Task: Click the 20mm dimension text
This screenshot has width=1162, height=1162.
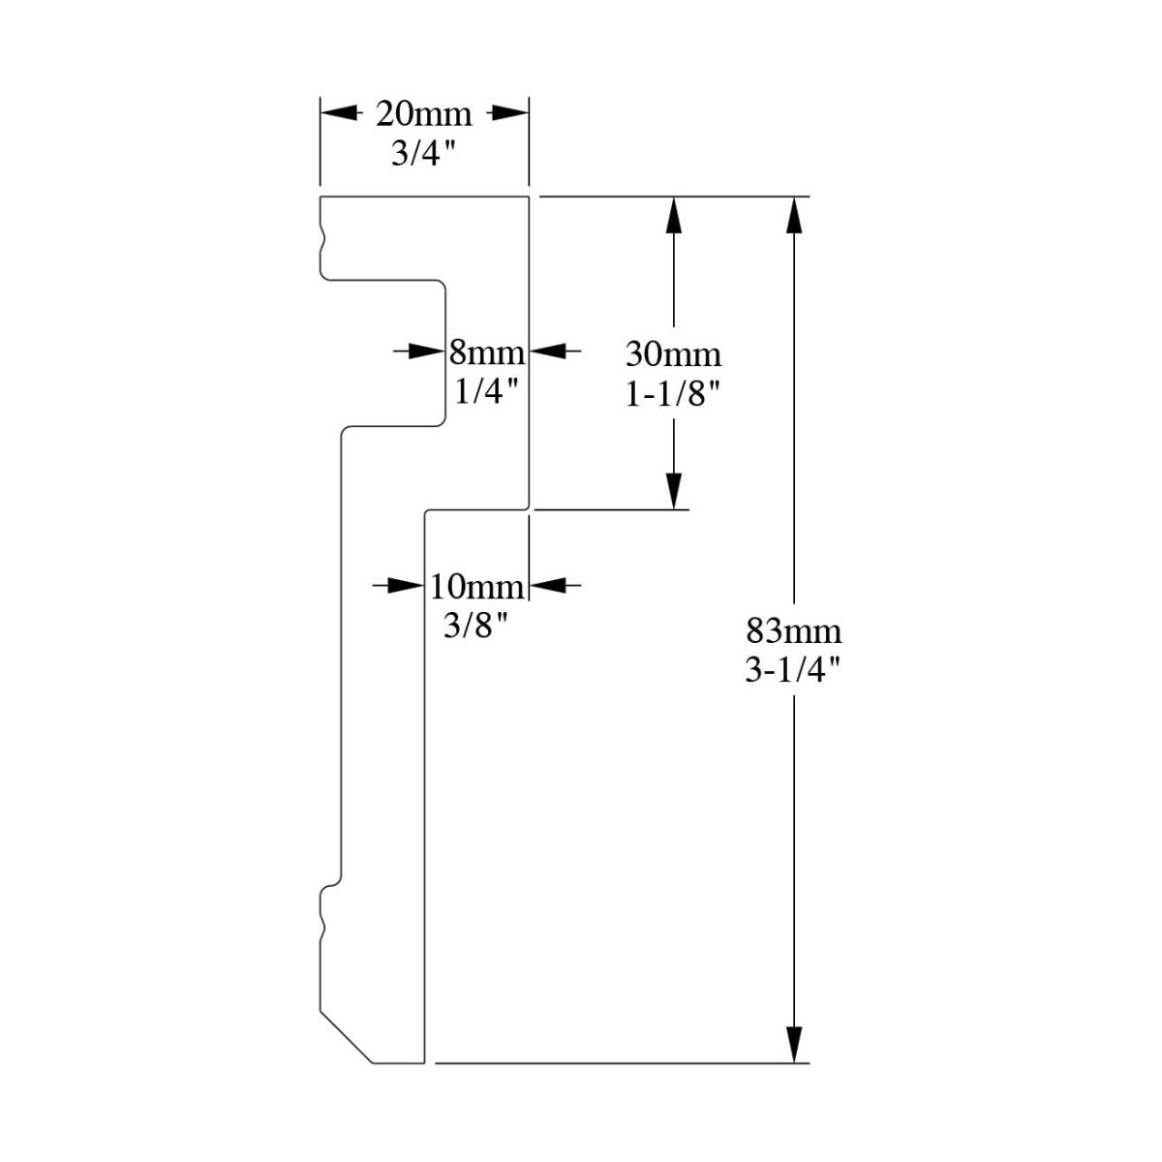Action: [423, 114]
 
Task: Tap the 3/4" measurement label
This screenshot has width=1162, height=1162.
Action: [423, 154]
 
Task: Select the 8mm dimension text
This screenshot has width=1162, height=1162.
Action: [486, 351]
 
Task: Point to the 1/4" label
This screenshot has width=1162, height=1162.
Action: [486, 391]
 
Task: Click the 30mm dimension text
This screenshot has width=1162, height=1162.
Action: [673, 354]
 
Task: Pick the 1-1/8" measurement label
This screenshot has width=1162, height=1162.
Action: [673, 395]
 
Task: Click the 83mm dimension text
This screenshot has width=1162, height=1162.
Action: [794, 632]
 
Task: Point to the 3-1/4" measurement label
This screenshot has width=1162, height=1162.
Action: [792, 672]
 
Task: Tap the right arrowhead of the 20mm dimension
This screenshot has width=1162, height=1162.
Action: [510, 114]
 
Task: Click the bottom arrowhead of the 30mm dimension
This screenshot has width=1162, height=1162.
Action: [675, 490]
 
